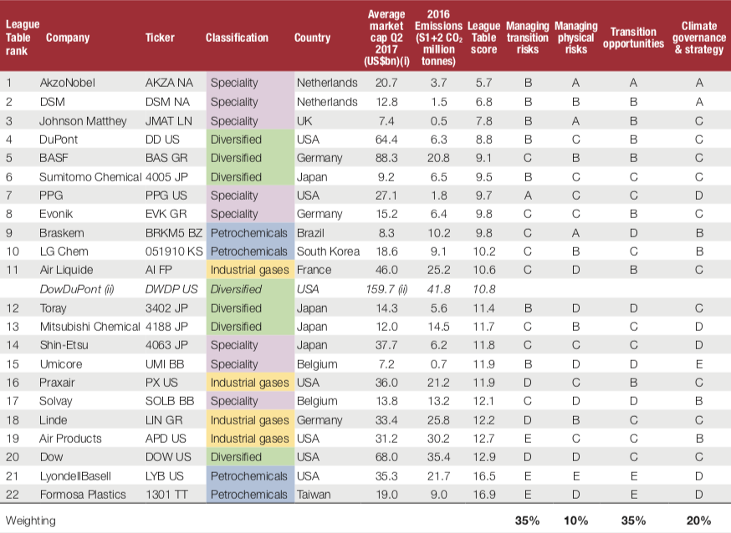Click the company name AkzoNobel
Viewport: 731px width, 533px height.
[68, 83]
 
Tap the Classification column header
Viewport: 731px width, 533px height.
[237, 38]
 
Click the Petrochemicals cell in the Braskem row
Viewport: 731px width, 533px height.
[248, 232]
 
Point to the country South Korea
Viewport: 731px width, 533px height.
[329, 251]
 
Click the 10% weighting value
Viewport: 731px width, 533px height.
[575, 520]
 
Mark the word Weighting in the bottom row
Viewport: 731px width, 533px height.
[31, 520]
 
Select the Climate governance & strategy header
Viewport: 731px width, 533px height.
[698, 38]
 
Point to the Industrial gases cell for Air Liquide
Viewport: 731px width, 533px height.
[248, 270]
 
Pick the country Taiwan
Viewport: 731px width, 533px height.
[314, 495]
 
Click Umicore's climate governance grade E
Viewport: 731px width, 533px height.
[698, 364]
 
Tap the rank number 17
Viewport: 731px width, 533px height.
[13, 401]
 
